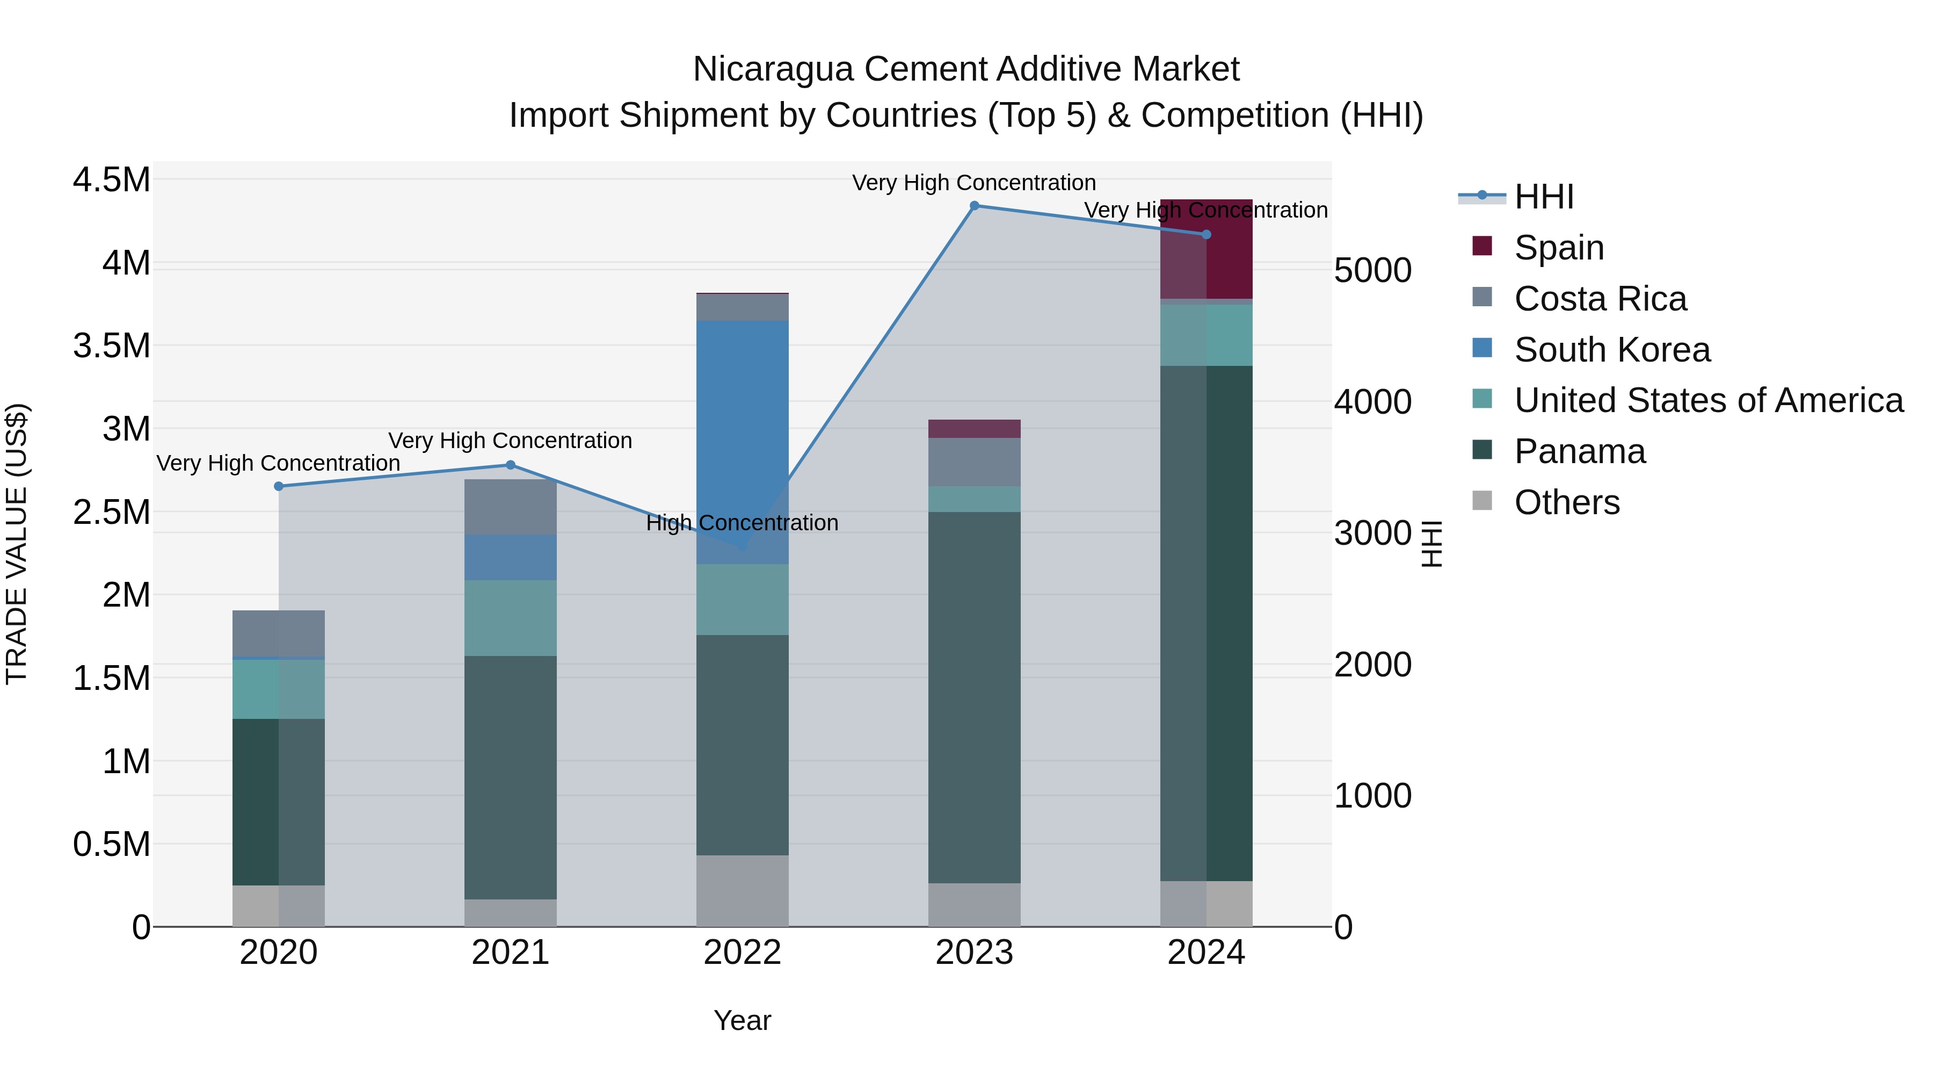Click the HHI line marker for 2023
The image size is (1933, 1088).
[974, 206]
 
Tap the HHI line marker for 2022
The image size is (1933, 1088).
[742, 546]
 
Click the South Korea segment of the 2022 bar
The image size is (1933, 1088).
[742, 421]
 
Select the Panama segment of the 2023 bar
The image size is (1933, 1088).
[974, 698]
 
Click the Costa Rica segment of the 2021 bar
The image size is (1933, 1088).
[510, 507]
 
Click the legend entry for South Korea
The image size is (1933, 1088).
[1612, 350]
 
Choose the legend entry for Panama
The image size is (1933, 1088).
[1580, 452]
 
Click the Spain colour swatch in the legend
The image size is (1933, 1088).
[1482, 246]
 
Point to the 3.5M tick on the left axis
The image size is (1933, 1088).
[112, 346]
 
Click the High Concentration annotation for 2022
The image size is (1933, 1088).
[742, 523]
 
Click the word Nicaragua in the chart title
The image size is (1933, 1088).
[773, 69]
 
